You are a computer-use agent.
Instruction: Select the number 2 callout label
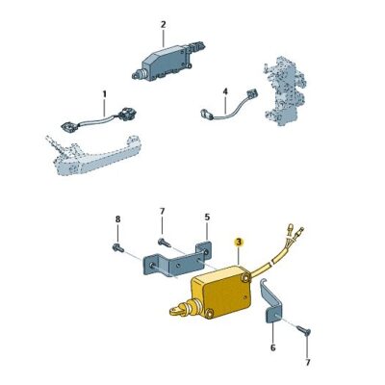click(x=163, y=24)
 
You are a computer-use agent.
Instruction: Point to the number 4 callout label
click(x=224, y=92)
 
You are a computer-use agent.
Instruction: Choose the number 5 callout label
click(x=206, y=218)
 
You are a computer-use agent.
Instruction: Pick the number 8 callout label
click(x=118, y=219)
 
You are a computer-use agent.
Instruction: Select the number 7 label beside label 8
click(x=162, y=211)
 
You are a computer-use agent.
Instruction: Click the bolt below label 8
click(x=118, y=248)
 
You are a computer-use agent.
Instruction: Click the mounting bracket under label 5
click(x=173, y=264)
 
